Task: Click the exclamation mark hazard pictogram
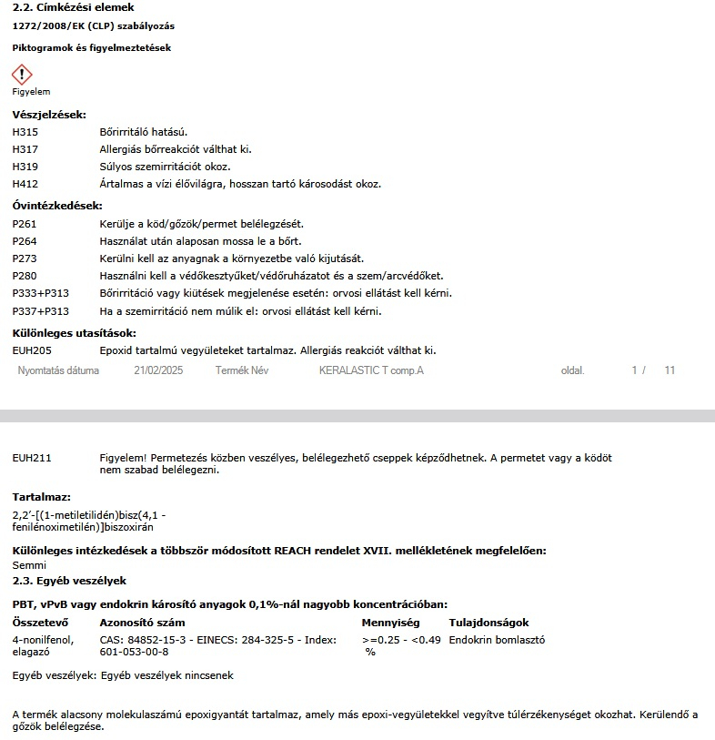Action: tap(22, 75)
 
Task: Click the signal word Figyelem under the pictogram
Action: tap(31, 92)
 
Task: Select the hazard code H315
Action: tap(25, 132)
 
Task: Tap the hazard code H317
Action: tap(25, 149)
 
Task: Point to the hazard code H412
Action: tap(25, 184)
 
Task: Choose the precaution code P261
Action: tap(25, 224)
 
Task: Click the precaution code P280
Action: tap(25, 276)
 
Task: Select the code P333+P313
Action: tap(41, 293)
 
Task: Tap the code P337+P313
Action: tap(41, 311)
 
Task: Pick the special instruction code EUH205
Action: tap(31, 350)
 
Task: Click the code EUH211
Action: tap(31, 458)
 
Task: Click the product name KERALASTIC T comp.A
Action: tap(371, 371)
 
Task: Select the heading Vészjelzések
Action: tap(49, 115)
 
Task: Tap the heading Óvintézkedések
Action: tap(57, 206)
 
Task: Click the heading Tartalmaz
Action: tap(41, 497)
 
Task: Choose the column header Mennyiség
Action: tap(390, 623)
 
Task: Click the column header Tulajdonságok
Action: tap(488, 623)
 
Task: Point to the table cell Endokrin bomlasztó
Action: tap(497, 640)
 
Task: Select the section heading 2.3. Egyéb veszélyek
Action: tap(69, 580)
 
